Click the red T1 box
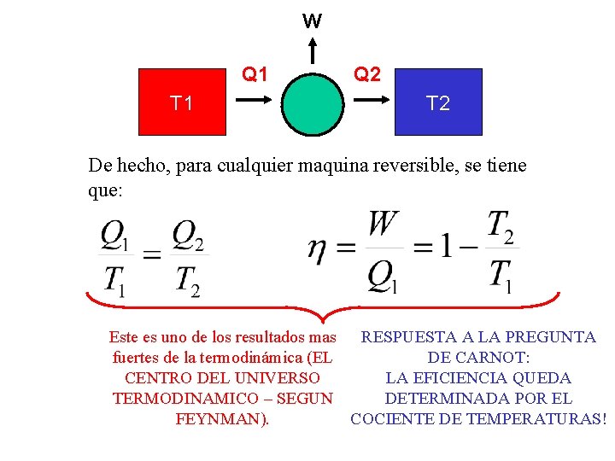[181, 102]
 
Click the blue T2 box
[438, 102]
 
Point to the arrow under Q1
[254, 100]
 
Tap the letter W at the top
[313, 21]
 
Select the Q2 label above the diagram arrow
[367, 74]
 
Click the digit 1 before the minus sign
[445, 248]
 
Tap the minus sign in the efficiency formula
[469, 248]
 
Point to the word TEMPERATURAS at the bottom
[547, 419]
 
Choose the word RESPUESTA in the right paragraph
[407, 337]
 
